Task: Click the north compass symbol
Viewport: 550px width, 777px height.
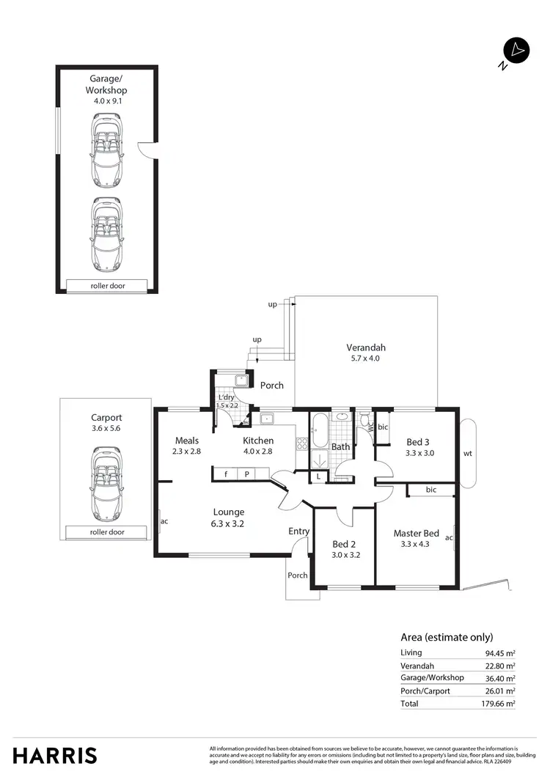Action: click(516, 51)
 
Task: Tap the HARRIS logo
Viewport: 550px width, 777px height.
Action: click(55, 755)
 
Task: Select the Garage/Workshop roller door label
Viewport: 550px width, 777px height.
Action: click(108, 285)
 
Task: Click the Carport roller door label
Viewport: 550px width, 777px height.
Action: click(107, 532)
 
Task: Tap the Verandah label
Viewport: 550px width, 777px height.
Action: click(366, 347)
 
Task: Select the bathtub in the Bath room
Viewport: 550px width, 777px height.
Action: click(321, 431)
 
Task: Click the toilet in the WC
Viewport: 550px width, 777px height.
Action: click(364, 422)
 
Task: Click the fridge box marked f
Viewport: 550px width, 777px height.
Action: click(227, 474)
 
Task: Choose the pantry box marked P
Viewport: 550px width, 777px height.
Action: click(246, 474)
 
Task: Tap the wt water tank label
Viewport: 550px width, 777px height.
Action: click(467, 453)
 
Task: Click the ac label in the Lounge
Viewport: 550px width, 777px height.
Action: click(164, 522)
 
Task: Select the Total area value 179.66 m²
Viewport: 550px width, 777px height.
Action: click(501, 703)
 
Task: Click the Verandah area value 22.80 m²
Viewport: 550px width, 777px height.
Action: click(501, 666)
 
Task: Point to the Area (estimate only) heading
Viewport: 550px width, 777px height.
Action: click(447, 637)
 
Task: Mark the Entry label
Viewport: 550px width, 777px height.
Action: click(298, 531)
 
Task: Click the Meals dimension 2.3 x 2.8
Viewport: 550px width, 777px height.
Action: click(187, 452)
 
